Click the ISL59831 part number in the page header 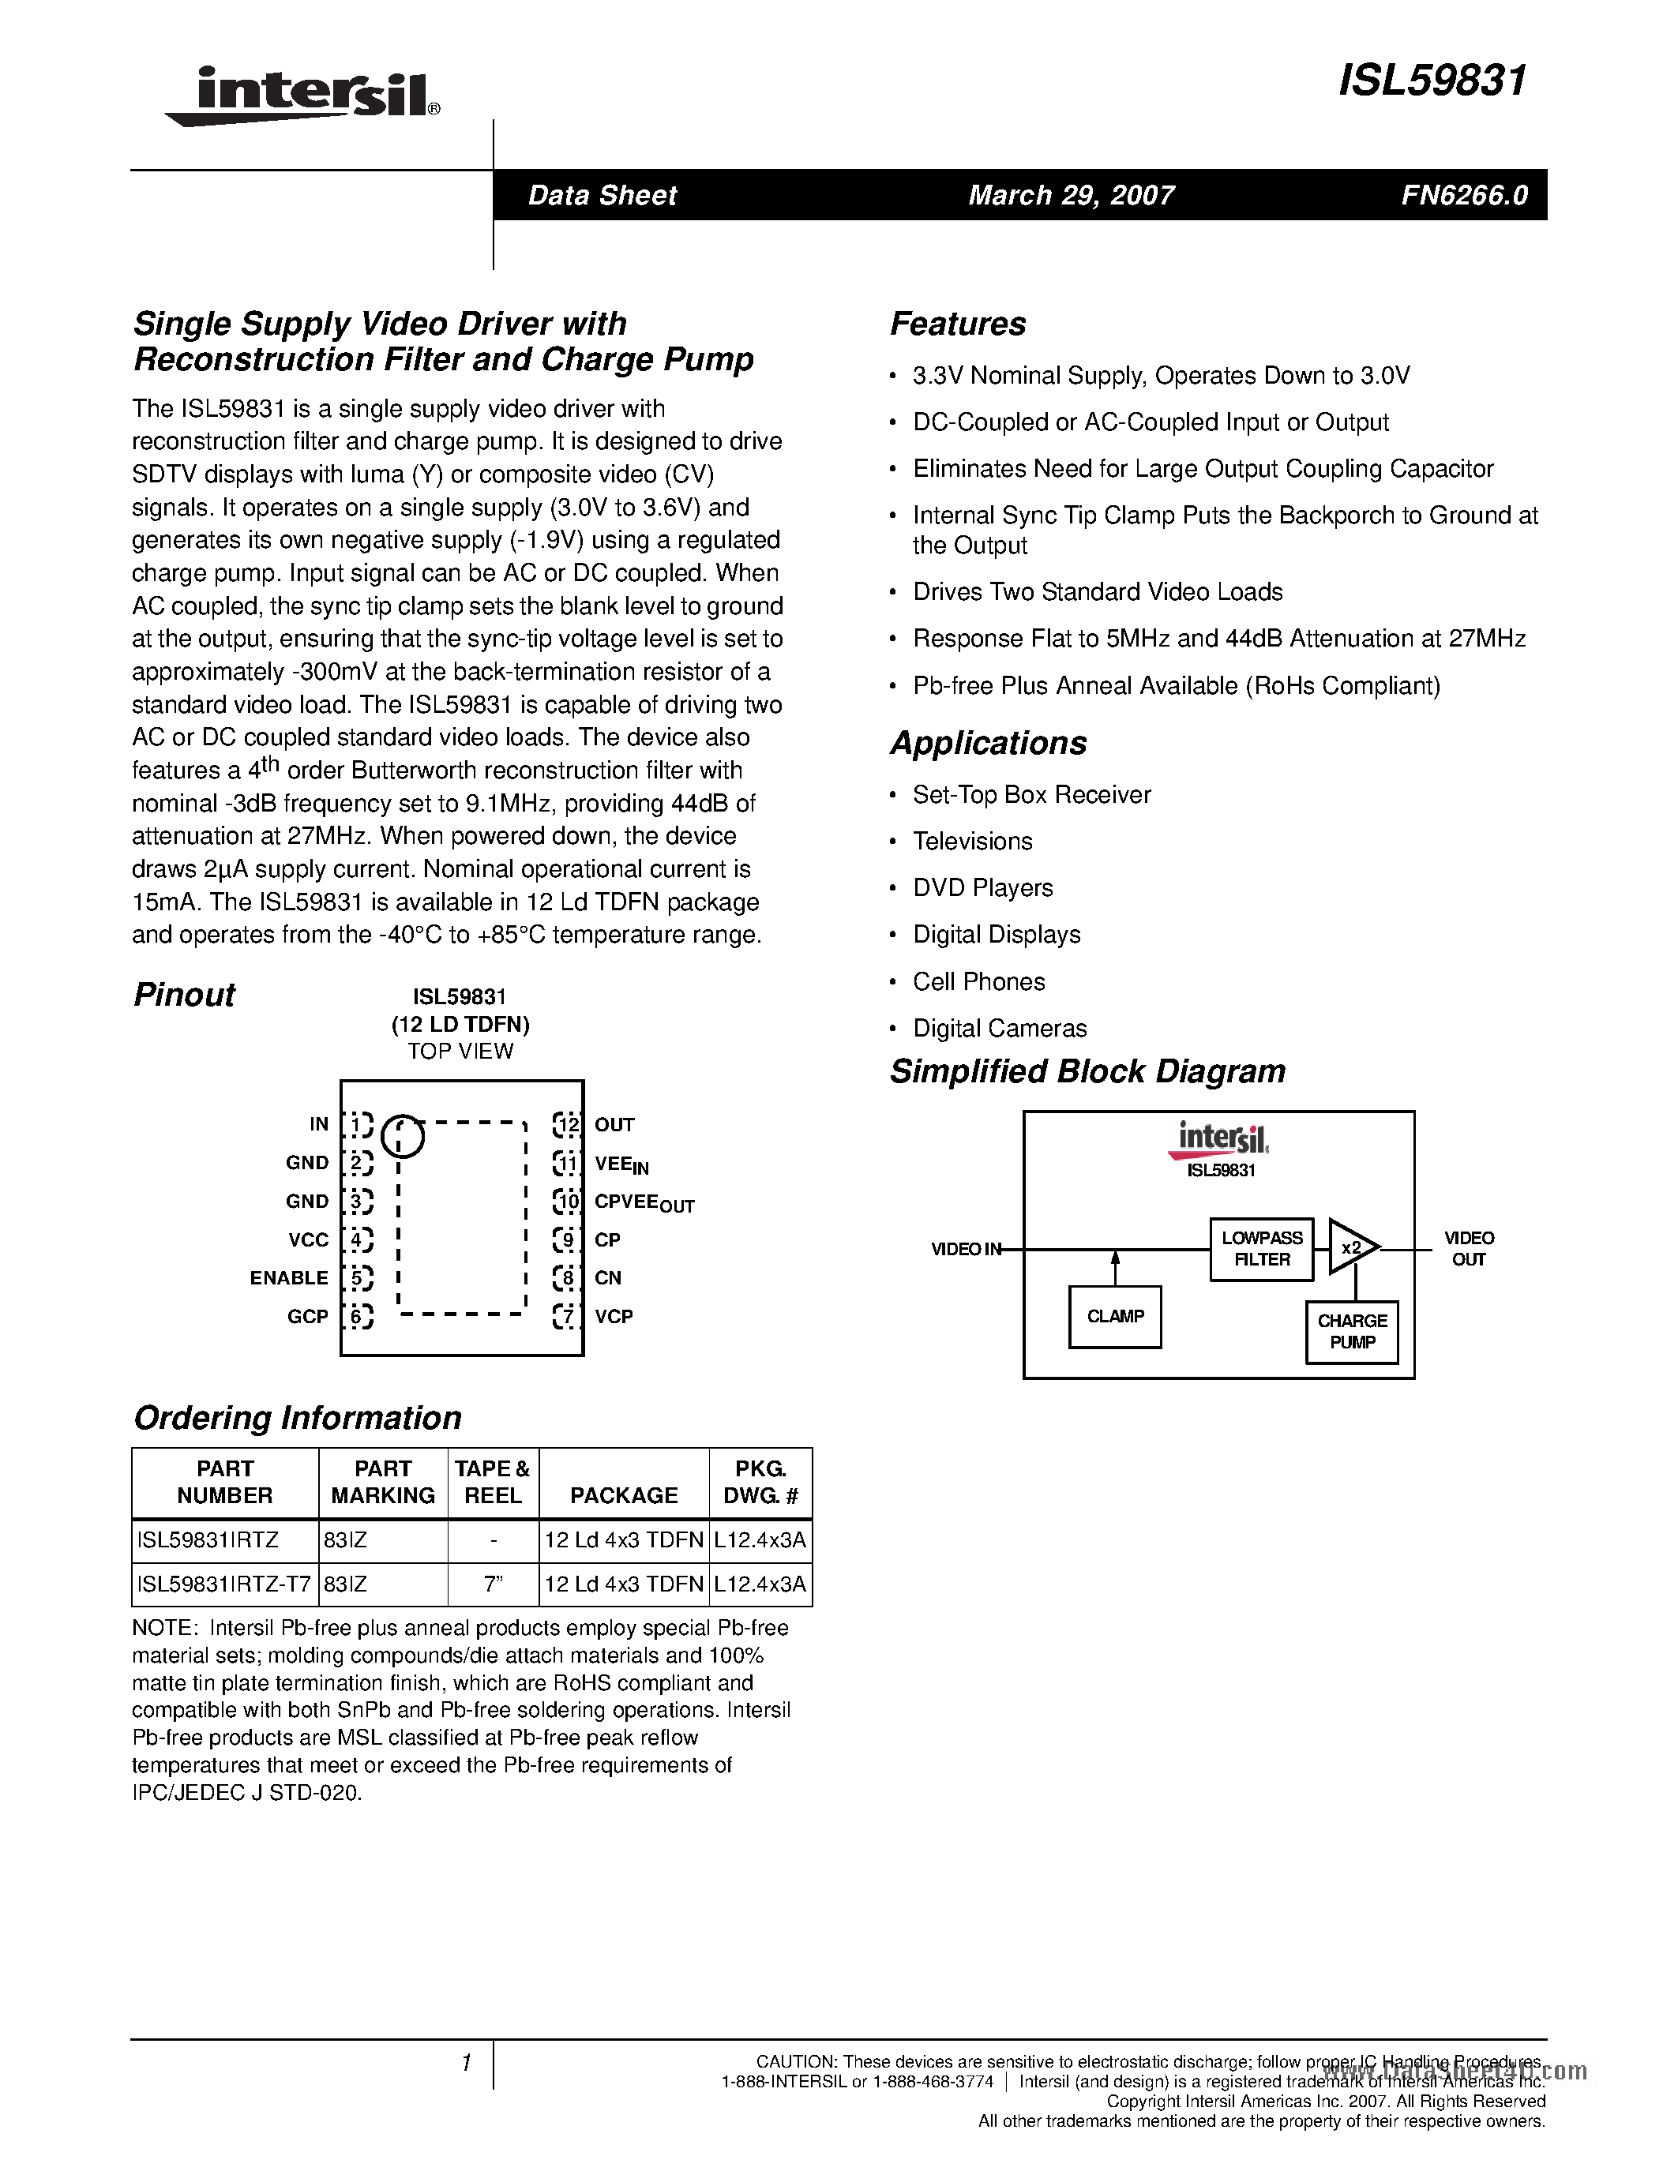[1431, 81]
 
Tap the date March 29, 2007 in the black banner [1071, 195]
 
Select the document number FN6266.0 [1464, 195]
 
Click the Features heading [957, 324]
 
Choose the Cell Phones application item [978, 981]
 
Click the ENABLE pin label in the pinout [288, 1277]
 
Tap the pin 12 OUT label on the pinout [614, 1124]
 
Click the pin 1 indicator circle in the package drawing [402, 1135]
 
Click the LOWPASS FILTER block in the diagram [1262, 1249]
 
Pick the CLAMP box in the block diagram [1114, 1316]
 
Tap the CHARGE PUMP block [1352, 1331]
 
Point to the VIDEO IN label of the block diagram [965, 1249]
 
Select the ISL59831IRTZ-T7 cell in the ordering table [225, 1584]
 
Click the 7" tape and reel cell [493, 1584]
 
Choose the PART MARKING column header [383, 1482]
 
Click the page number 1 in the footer [465, 2064]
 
